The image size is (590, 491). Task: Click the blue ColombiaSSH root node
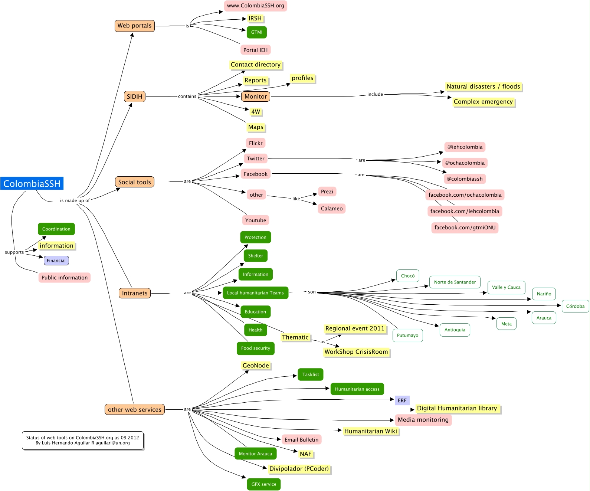pyautogui.click(x=32, y=183)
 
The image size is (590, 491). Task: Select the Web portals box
pyautogui.click(x=134, y=26)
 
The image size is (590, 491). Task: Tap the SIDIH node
pyautogui.click(x=134, y=96)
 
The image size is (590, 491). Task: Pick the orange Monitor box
pyautogui.click(x=256, y=96)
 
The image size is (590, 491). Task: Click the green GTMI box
pyautogui.click(x=256, y=32)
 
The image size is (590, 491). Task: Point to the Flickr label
pyautogui.click(x=256, y=143)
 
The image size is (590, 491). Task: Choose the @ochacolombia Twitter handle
pyautogui.click(x=465, y=163)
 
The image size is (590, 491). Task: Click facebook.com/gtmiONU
pyautogui.click(x=465, y=228)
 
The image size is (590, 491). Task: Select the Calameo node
pyautogui.click(x=331, y=209)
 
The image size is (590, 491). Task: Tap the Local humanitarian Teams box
pyautogui.click(x=255, y=293)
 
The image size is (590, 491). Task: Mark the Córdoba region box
pyautogui.click(x=575, y=306)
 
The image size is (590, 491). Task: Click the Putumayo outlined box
pyautogui.click(x=407, y=335)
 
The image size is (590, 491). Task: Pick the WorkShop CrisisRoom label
pyautogui.click(x=356, y=352)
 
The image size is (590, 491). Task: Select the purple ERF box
pyautogui.click(x=402, y=400)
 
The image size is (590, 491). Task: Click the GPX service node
pyautogui.click(x=263, y=484)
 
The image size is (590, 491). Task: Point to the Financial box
pyautogui.click(x=56, y=261)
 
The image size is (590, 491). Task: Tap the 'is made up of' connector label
pyautogui.click(x=75, y=200)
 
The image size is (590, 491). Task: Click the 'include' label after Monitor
pyautogui.click(x=375, y=94)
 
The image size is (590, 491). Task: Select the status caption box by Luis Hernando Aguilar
pyautogui.click(x=82, y=440)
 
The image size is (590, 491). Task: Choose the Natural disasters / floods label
pyautogui.click(x=483, y=86)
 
